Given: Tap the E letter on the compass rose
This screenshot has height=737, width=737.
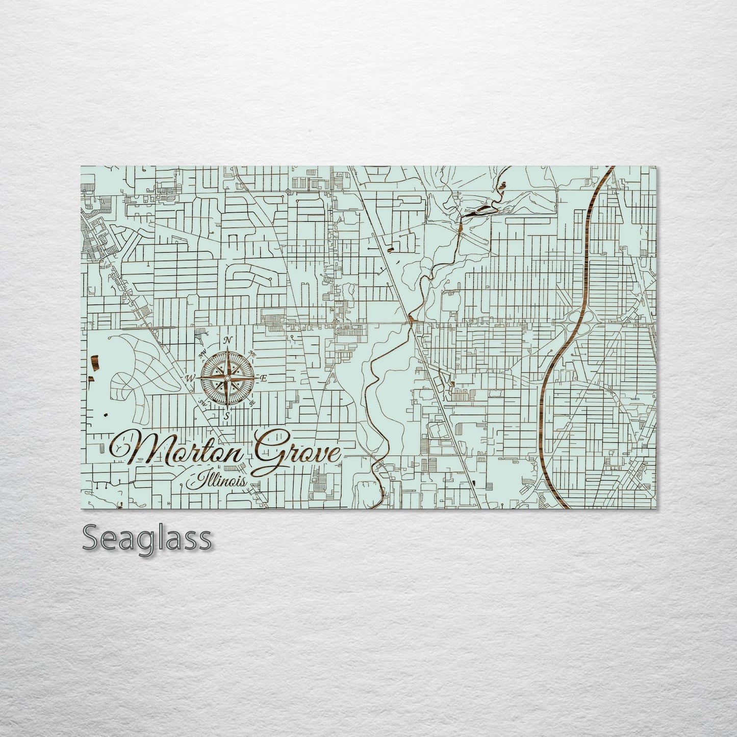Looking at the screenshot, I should (x=264, y=378).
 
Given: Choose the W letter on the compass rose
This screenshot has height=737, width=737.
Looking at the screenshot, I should (x=190, y=378).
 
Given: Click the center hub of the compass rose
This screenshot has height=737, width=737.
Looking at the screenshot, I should (x=226, y=378).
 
